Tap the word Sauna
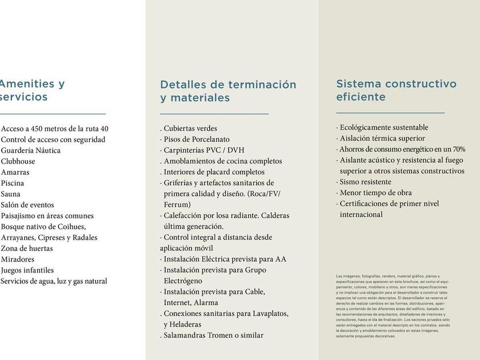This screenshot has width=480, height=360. (11, 194)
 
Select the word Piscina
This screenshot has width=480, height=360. (13, 183)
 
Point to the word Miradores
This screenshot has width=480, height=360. (18, 259)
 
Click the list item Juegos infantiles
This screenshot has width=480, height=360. (27, 270)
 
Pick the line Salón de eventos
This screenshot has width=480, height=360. (27, 205)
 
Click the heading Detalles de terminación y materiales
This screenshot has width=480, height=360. (228, 91)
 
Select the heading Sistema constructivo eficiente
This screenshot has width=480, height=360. (396, 90)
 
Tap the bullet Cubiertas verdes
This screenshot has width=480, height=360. (190, 129)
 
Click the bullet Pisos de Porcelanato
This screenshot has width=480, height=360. (197, 139)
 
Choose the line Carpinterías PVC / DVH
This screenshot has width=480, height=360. (204, 150)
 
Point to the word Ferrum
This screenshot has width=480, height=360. (177, 205)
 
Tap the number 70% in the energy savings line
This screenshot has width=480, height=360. (459, 149)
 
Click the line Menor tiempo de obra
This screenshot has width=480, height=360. (375, 193)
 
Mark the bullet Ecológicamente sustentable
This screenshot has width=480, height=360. (383, 127)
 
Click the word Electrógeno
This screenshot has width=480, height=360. (183, 281)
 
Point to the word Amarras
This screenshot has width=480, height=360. (15, 172)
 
